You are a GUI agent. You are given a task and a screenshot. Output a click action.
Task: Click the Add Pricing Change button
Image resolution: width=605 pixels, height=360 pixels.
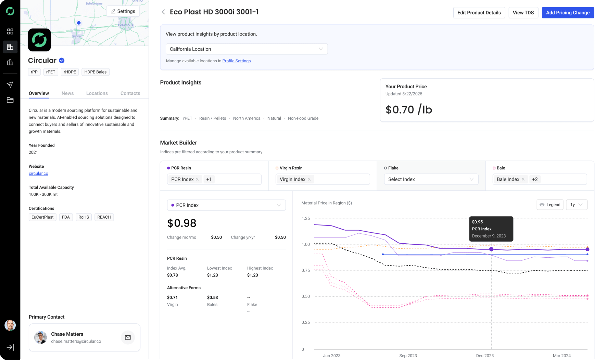pyautogui.click(x=568, y=13)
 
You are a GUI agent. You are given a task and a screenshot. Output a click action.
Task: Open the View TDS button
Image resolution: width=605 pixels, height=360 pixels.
pyautogui.click(x=523, y=13)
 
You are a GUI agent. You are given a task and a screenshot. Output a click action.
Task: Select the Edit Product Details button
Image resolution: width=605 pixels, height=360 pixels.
pyautogui.click(x=479, y=13)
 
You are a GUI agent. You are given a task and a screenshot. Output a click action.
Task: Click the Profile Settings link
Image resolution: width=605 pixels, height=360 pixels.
pyautogui.click(x=237, y=61)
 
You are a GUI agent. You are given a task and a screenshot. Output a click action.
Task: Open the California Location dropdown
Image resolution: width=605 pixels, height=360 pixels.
pyautogui.click(x=247, y=49)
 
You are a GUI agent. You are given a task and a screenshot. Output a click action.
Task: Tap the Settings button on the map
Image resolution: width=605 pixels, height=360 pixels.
pyautogui.click(x=123, y=11)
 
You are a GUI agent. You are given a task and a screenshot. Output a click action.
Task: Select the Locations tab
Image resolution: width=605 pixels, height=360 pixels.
pyautogui.click(x=97, y=93)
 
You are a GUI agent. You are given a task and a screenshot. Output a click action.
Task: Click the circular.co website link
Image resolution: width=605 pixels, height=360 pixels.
pyautogui.click(x=38, y=173)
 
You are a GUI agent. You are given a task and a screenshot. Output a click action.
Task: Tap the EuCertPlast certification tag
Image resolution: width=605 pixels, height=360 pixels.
pyautogui.click(x=42, y=217)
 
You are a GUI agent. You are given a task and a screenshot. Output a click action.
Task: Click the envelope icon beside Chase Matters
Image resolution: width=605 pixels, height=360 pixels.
pyautogui.click(x=128, y=337)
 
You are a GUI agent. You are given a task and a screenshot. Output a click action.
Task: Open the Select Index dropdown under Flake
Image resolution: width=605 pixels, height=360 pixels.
pyautogui.click(x=431, y=179)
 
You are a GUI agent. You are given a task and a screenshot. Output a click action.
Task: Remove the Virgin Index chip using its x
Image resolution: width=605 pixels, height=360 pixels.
pyautogui.click(x=309, y=179)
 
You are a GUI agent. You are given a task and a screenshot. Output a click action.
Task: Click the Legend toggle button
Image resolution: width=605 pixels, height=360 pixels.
pyautogui.click(x=550, y=205)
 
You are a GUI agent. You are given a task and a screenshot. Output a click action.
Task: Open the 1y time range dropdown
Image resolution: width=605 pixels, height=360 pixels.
pyautogui.click(x=577, y=205)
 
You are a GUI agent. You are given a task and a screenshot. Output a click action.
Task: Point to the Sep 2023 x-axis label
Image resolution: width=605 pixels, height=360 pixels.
pyautogui.click(x=408, y=356)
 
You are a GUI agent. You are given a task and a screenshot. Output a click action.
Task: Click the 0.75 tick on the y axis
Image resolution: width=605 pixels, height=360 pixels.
pyautogui.click(x=305, y=270)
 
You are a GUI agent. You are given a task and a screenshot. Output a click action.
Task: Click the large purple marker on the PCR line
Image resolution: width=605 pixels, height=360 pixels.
pyautogui.click(x=491, y=249)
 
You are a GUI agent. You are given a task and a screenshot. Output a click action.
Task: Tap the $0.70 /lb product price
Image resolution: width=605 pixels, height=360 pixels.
pyautogui.click(x=409, y=110)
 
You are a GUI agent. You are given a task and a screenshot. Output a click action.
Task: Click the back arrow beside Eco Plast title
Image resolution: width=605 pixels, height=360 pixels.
pyautogui.click(x=163, y=12)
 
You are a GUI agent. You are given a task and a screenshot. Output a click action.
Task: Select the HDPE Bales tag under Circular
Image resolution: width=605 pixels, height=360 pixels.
pyautogui.click(x=96, y=72)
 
